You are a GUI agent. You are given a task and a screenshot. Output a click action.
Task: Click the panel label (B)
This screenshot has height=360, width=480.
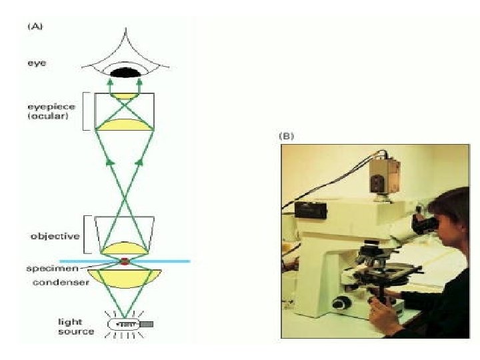285,136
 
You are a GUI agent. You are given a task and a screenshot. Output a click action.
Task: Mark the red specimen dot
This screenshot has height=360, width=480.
125,261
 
